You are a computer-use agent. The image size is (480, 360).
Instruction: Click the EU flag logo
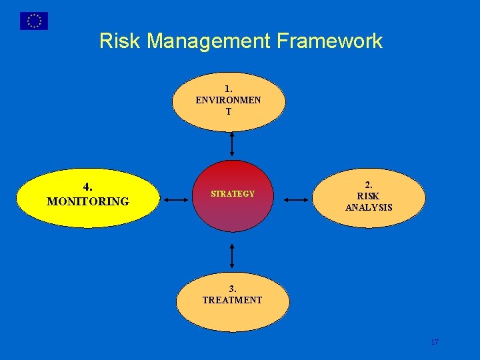coord(33,21)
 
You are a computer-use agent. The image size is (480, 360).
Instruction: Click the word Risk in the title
coord(120,41)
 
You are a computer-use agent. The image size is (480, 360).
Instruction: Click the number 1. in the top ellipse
coord(229,88)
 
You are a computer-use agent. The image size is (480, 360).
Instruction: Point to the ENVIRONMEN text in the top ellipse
coord(229,100)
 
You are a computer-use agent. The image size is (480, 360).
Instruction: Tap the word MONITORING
coord(88,201)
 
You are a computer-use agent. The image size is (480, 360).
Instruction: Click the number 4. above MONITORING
coord(88,187)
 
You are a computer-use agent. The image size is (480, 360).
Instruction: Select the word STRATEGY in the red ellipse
coord(233,194)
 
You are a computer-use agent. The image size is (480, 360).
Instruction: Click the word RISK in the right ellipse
coord(369,196)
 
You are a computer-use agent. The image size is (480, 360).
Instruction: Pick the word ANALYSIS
coord(369,207)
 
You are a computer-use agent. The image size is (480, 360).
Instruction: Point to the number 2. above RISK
coord(369,185)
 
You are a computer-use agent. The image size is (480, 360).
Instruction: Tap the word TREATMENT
coord(233,300)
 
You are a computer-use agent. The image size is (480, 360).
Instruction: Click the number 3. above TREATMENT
coord(233,289)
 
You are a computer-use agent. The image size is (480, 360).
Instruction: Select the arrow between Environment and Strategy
coord(232,143)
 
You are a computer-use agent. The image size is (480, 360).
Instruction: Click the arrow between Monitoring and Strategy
coord(177,199)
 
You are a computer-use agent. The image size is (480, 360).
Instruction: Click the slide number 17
coord(435,342)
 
